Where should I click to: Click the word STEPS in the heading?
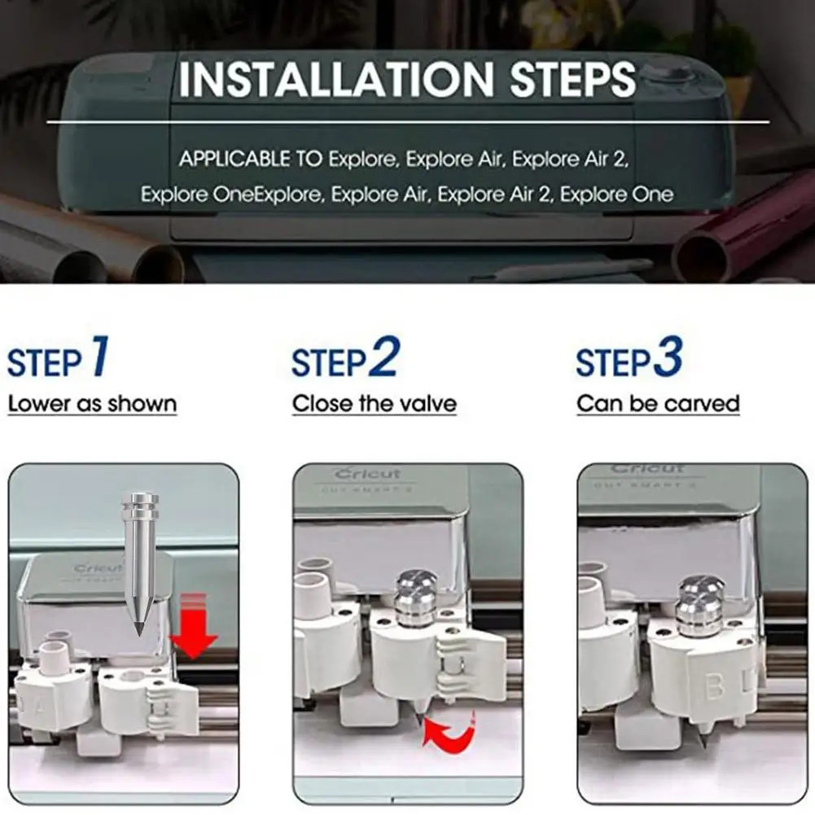pyautogui.click(x=572, y=79)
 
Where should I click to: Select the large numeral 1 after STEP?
pyautogui.click(x=100, y=356)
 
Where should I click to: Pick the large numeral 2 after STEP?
pyautogui.click(x=384, y=357)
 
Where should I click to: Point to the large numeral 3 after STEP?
pyautogui.click(x=668, y=357)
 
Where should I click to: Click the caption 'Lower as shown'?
pyautogui.click(x=93, y=404)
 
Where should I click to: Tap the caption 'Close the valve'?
pyautogui.click(x=375, y=404)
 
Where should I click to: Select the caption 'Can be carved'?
pyautogui.click(x=658, y=404)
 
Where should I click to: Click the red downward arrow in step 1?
pyautogui.click(x=193, y=628)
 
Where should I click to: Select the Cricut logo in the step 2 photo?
pyautogui.click(x=368, y=474)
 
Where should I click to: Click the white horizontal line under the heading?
pyautogui.click(x=408, y=123)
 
